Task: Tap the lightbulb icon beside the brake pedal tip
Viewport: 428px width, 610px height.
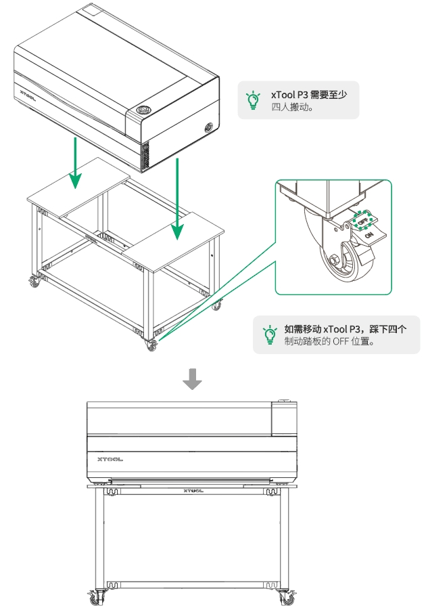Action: [x=270, y=334]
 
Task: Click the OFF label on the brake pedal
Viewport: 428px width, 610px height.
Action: [x=363, y=221]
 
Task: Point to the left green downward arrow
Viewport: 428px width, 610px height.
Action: [x=76, y=162]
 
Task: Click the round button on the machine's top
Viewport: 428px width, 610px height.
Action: [x=143, y=110]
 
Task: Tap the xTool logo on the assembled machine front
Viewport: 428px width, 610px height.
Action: [x=110, y=458]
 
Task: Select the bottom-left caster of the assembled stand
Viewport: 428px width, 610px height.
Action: [x=96, y=596]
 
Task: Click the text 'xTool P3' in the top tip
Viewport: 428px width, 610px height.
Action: [x=289, y=95]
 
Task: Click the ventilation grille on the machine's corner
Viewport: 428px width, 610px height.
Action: [x=143, y=155]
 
